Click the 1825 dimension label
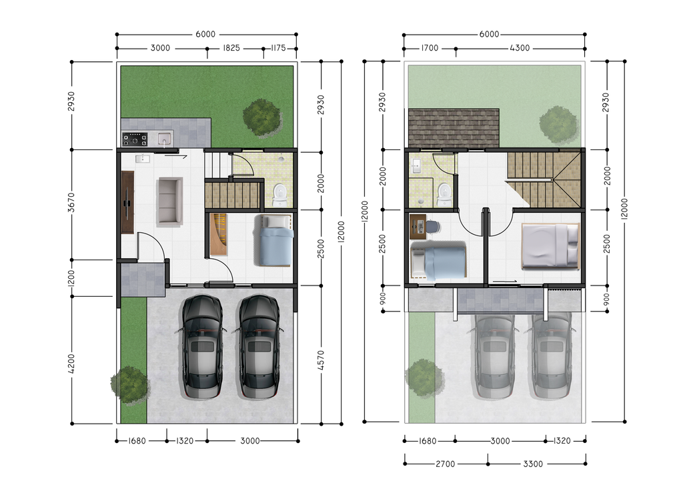(x=231, y=48)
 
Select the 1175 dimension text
(x=278, y=48)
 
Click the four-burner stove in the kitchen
(x=135, y=139)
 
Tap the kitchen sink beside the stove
(x=163, y=139)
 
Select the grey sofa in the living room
(x=169, y=201)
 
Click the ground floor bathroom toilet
(x=280, y=194)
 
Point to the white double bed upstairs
(x=550, y=246)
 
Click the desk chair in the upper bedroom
(x=432, y=227)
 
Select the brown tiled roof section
(x=454, y=128)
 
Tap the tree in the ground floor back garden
(x=262, y=118)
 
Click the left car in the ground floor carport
(x=201, y=347)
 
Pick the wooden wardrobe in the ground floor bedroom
(x=219, y=235)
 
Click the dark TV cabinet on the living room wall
(x=127, y=202)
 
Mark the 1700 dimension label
(x=430, y=48)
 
